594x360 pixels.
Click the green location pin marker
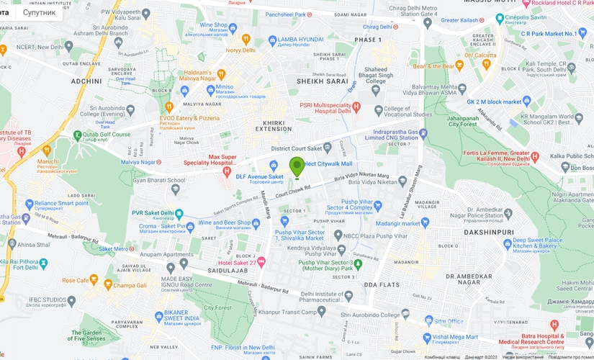(x=297, y=167)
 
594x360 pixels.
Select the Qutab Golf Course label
(x=110, y=134)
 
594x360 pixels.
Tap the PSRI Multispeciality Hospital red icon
(x=355, y=108)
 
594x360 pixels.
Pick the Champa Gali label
(x=133, y=285)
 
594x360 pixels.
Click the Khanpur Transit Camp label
(x=288, y=311)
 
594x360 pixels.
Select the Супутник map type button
(x=39, y=12)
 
